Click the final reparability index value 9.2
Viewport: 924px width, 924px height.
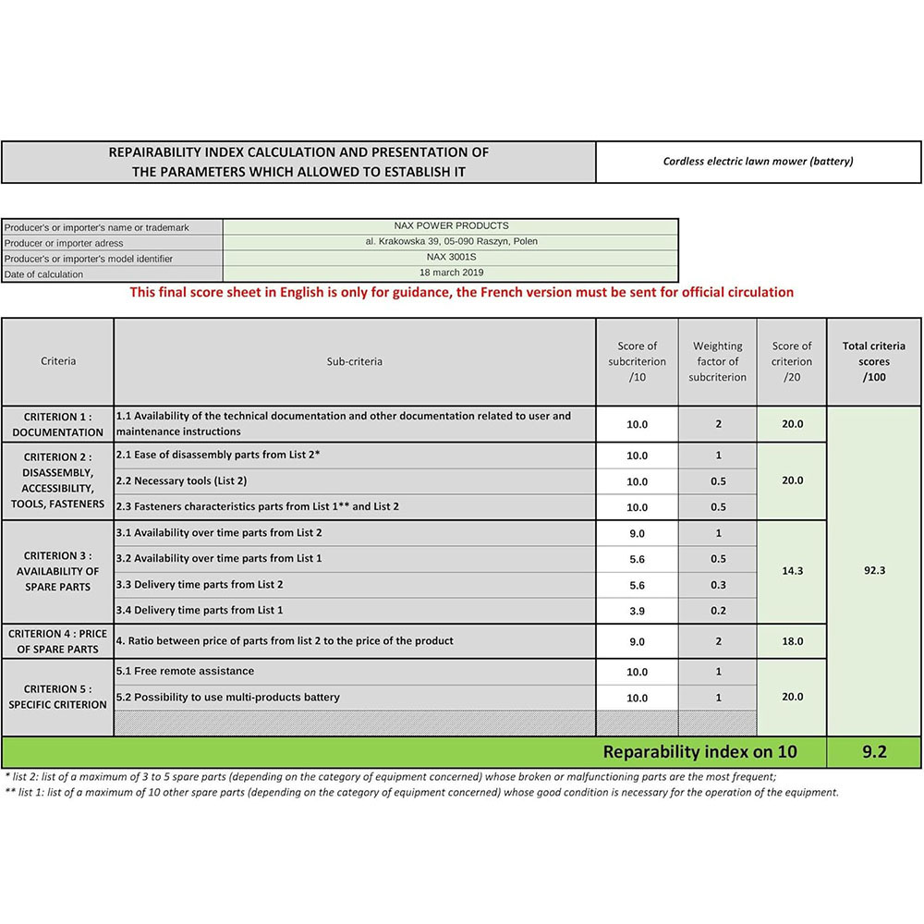click(x=874, y=752)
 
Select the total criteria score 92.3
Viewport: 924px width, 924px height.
click(x=874, y=571)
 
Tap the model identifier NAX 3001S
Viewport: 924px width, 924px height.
click(x=450, y=258)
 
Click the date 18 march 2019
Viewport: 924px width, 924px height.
click(x=450, y=274)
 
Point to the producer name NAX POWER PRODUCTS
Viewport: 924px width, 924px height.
click(x=450, y=226)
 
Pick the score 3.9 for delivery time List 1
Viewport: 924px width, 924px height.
click(x=637, y=612)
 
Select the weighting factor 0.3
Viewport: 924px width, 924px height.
click(x=718, y=586)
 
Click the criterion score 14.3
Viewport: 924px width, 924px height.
click(x=792, y=572)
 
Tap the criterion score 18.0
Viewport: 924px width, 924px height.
click(x=792, y=641)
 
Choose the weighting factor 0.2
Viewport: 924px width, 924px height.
click(x=718, y=612)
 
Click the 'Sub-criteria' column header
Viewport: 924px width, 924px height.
click(x=354, y=362)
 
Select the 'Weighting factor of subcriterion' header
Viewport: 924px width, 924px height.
click(x=718, y=362)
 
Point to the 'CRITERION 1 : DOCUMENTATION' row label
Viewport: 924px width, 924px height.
click(x=57, y=425)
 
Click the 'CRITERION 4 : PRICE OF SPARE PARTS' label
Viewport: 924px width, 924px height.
click(x=57, y=641)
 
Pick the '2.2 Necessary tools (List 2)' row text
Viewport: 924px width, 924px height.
click(x=181, y=481)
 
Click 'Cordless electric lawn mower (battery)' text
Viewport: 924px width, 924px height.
click(x=758, y=162)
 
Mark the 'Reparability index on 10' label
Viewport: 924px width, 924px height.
click(x=699, y=752)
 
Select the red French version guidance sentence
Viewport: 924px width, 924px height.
click(x=461, y=293)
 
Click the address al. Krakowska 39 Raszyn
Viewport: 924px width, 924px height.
click(x=450, y=242)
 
